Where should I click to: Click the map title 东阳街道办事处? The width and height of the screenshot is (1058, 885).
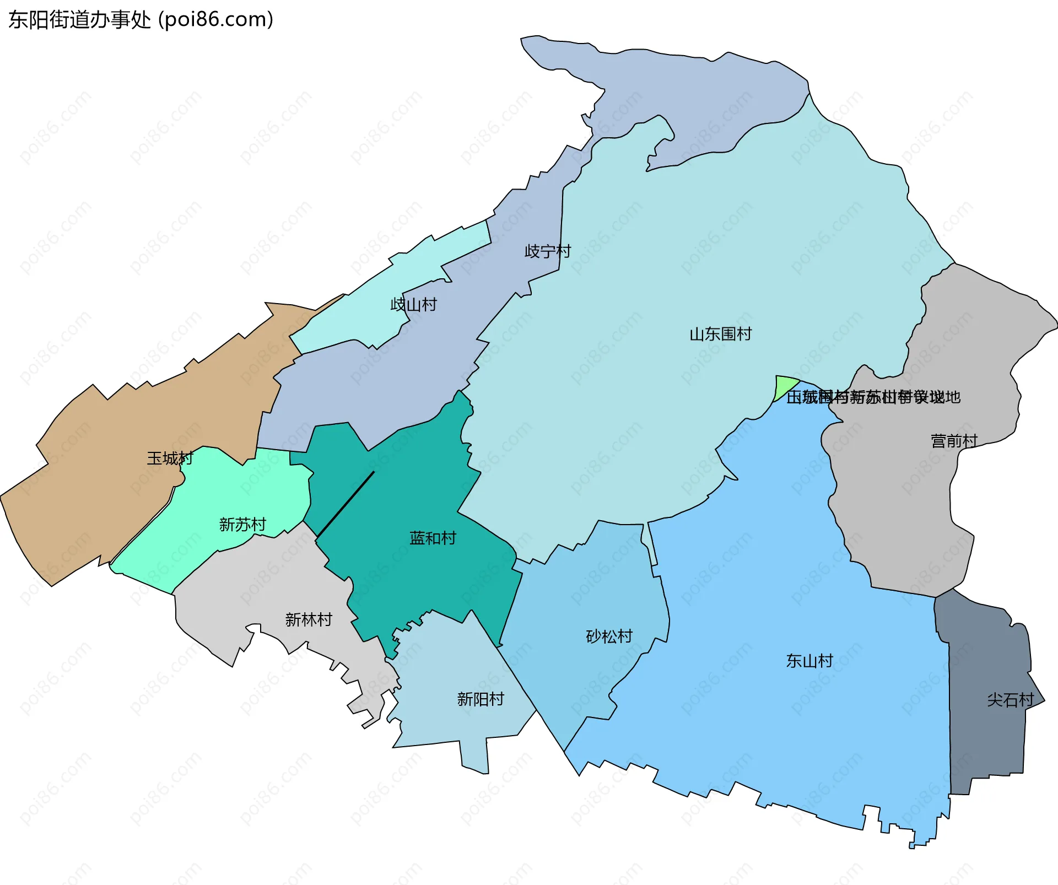coord(79,20)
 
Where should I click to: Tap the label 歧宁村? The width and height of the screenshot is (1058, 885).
coord(548,251)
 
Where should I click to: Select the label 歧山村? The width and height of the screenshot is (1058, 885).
coord(413,304)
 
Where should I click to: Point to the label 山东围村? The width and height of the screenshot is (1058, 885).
coord(720,334)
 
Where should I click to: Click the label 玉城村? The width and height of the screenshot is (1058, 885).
coord(170,458)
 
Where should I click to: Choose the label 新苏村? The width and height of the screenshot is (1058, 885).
coord(242,524)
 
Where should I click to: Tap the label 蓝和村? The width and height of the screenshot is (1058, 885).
coord(433,538)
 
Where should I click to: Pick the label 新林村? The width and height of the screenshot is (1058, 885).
coord(309,619)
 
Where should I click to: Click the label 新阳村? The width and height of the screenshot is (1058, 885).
coord(481,699)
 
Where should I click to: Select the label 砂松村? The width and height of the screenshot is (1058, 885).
coord(609,636)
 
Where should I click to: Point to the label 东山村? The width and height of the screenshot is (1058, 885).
coord(809,661)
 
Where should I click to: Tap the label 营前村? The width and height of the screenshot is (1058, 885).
coord(954,441)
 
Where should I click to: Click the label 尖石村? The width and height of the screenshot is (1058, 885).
coord(1010,700)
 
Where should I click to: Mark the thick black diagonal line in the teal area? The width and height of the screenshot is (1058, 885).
coord(346,503)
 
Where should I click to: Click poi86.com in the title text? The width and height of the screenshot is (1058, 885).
coord(215,20)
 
